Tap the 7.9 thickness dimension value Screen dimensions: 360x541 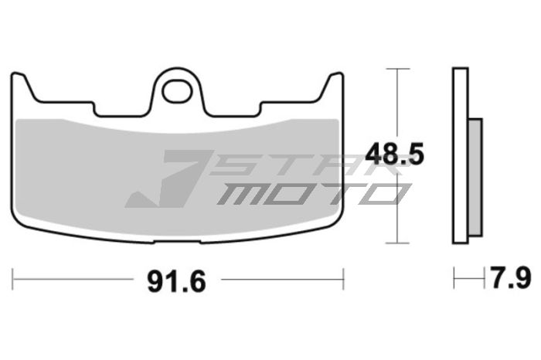(x=511, y=277)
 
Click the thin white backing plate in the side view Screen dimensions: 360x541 (x=461, y=155)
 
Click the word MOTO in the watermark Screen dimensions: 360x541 (x=309, y=193)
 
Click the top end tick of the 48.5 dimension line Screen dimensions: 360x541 (x=396, y=69)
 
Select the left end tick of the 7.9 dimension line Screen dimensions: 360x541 (x=454, y=278)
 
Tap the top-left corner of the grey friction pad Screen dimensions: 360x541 (x=19, y=119)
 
